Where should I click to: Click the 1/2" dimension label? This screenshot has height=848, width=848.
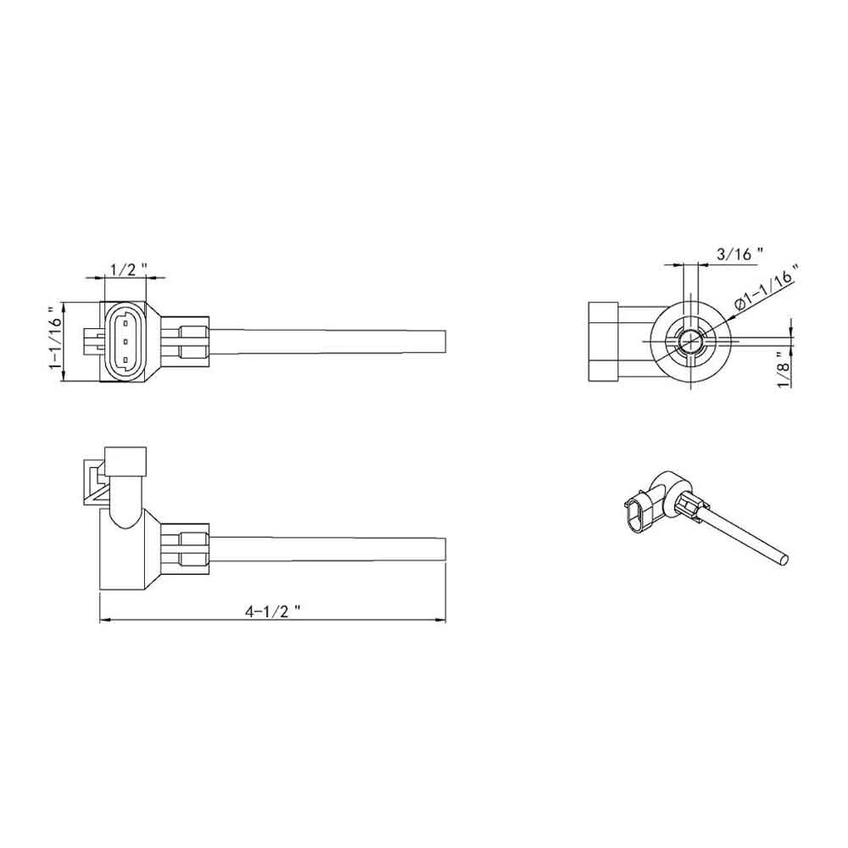click(x=129, y=269)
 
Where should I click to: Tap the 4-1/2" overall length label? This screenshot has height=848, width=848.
click(x=272, y=611)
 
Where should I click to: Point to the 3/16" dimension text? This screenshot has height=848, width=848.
click(x=739, y=254)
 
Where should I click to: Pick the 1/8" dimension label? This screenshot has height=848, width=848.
click(x=784, y=369)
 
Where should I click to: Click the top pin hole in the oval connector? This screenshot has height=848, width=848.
click(x=126, y=323)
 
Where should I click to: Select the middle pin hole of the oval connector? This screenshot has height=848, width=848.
click(x=126, y=341)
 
